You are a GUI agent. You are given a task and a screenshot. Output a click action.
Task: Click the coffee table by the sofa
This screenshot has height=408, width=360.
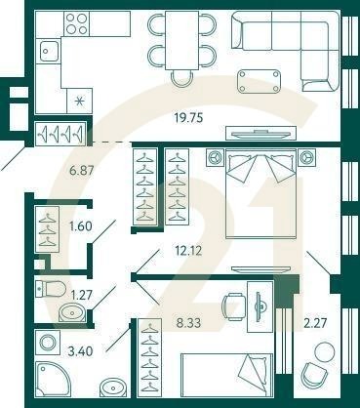263,79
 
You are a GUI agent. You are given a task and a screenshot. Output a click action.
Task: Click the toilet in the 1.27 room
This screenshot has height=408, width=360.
49,289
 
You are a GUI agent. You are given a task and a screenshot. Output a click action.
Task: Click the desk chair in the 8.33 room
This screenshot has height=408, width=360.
233,306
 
